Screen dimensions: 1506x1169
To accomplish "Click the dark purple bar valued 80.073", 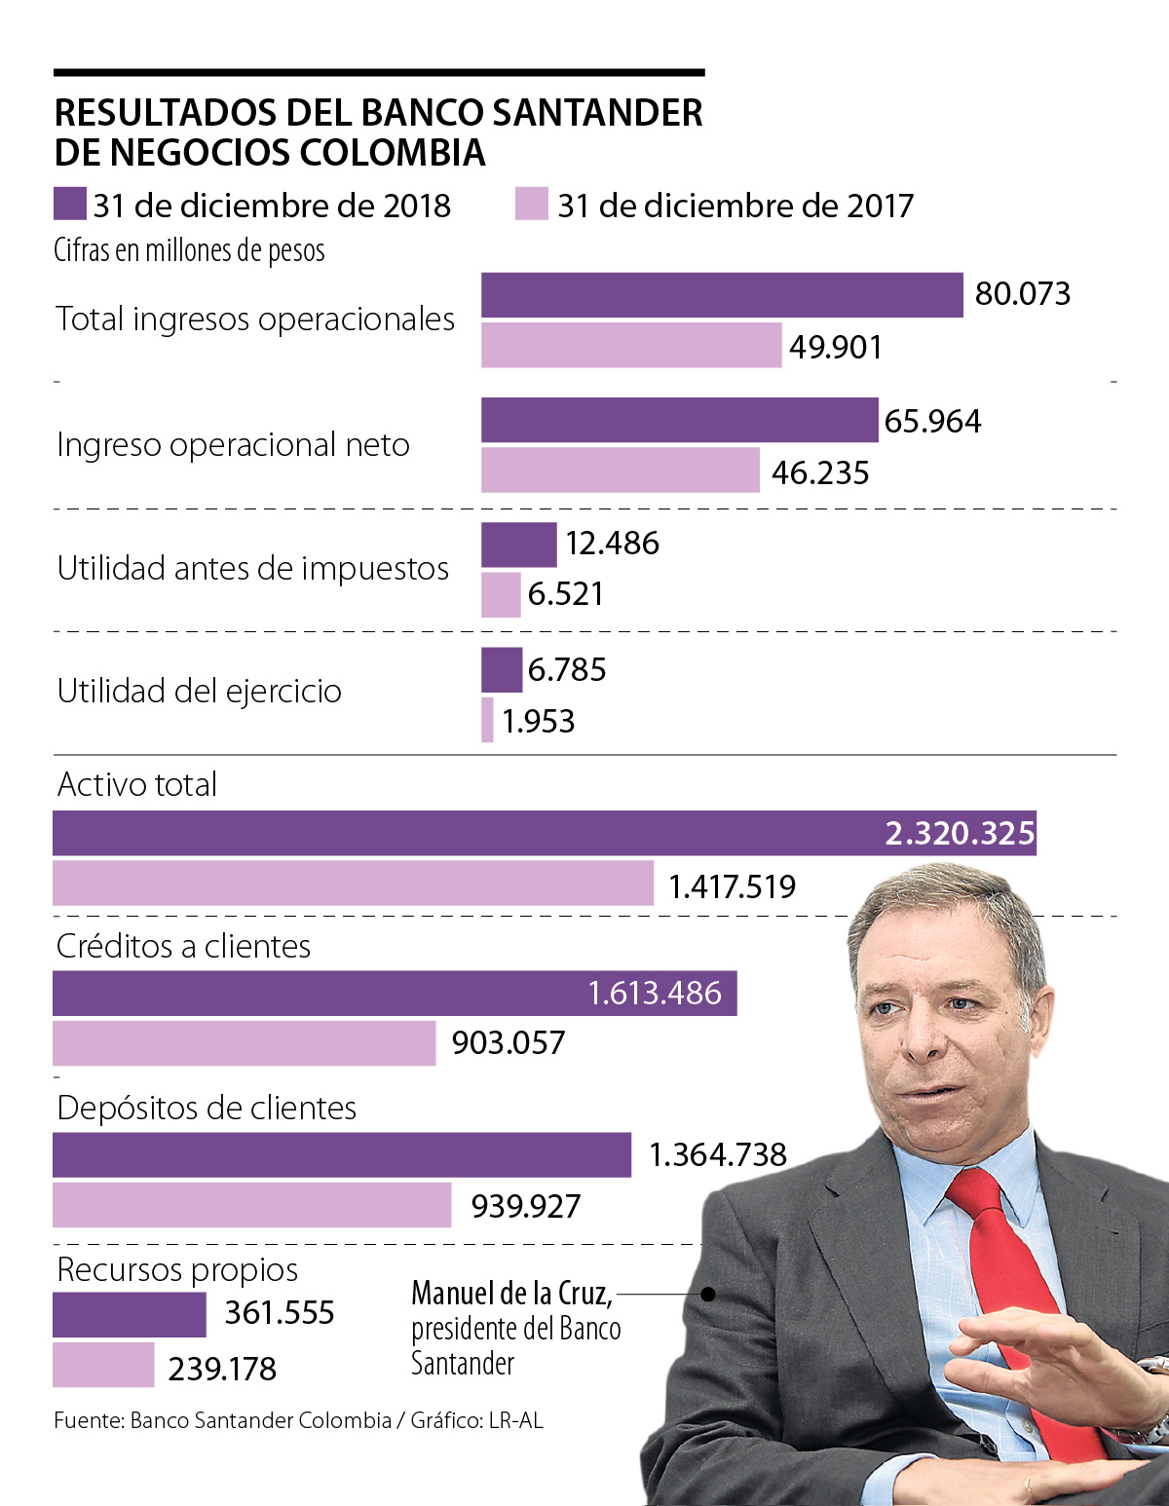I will pos(721,295).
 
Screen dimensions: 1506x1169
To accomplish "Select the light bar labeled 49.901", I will pos(630,346).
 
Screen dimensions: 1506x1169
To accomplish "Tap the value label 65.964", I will pos(932,421).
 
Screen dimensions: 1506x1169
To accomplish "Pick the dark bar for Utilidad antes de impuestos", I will pos(518,545).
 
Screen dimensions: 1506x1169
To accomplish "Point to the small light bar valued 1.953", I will pos(487,720).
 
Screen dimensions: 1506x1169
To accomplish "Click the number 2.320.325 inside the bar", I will pos(959,834).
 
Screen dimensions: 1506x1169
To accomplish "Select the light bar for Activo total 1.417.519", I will pos(353,884).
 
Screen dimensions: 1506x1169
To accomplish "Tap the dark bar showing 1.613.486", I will pos(395,994).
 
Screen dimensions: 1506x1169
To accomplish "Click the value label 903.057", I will pos(508,1043).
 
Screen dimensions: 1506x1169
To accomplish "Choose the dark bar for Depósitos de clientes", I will pos(341,1155).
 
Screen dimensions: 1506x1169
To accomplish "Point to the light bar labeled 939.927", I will pos(251,1205).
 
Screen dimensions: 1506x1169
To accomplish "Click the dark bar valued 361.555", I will pos(129,1314).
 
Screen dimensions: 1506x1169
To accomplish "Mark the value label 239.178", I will pos(222,1369).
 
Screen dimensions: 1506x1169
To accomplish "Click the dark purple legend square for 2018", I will pos(70,205).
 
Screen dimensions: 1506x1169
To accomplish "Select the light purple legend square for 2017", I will pos(531,205).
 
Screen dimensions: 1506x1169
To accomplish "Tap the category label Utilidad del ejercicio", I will pos(200,692).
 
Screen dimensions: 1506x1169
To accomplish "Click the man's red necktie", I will pos(1003,1266).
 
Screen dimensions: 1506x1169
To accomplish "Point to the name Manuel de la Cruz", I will pos(511,1294).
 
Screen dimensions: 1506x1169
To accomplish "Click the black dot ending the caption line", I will pos(709,1295).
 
